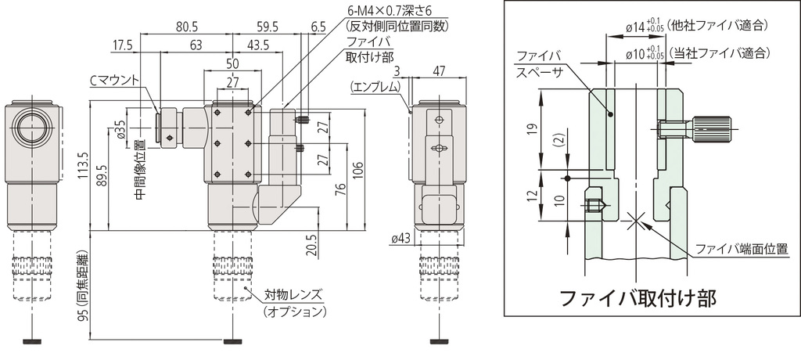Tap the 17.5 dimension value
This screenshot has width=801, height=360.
pyautogui.click(x=123, y=45)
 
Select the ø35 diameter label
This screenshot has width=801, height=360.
pyautogui.click(x=120, y=129)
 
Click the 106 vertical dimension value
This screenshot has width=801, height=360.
pyautogui.click(x=357, y=170)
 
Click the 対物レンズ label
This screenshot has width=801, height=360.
pyautogui.click(x=293, y=296)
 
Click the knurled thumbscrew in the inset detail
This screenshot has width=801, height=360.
pyautogui.click(x=711, y=127)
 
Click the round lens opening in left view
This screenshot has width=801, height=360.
pyautogui.click(x=32, y=129)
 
